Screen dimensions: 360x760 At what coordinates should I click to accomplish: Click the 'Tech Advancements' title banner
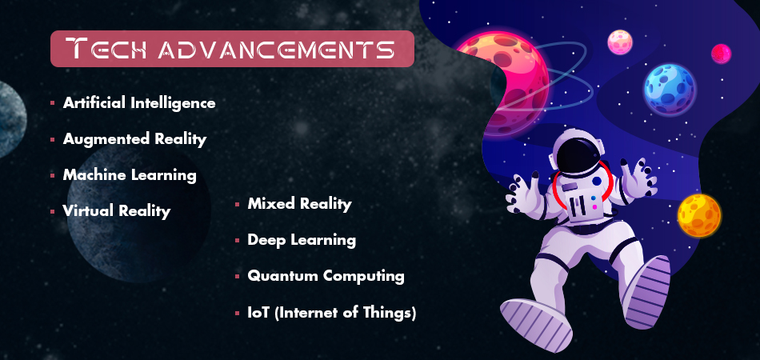coord(231,49)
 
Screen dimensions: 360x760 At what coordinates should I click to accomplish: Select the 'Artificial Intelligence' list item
coord(139,102)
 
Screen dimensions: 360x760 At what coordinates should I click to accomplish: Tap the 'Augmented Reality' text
coord(134,138)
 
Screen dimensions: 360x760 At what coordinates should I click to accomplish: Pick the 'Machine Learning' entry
coord(130,174)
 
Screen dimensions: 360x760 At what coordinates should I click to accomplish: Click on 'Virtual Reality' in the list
coord(117,210)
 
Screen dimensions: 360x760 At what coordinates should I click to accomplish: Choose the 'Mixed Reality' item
coord(299,203)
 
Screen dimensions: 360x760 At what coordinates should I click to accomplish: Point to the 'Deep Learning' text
coord(302,239)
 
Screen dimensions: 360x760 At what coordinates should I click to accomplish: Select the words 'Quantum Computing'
coord(326,275)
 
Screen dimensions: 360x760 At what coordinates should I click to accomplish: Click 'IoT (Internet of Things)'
coord(331,312)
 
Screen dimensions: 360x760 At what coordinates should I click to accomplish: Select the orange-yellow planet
coord(699,214)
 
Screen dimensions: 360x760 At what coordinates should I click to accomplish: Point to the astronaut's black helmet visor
coord(574,155)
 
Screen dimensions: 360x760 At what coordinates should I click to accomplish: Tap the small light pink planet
coord(620,42)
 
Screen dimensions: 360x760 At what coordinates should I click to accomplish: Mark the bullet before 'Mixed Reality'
coord(237,205)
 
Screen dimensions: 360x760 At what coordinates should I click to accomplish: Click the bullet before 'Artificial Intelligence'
coord(52,103)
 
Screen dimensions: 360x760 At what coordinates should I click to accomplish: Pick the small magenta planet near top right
coord(721,54)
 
